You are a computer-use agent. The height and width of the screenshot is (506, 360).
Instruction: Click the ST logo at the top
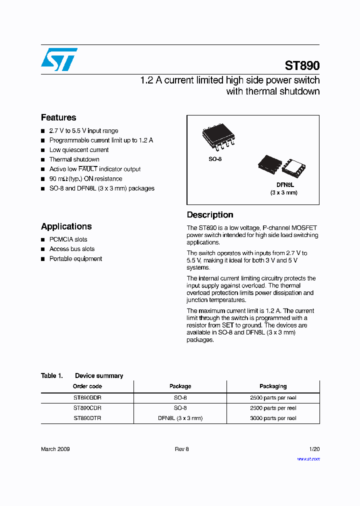point(59,59)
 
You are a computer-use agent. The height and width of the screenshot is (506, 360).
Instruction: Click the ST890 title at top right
point(302,65)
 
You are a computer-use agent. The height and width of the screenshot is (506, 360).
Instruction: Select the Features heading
point(58,117)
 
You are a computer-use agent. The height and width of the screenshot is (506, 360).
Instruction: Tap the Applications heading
point(66,226)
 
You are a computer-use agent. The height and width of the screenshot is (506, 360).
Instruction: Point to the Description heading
point(210,215)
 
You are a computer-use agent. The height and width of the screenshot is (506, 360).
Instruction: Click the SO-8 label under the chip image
point(215,159)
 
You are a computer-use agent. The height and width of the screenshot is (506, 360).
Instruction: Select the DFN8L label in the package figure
point(285,185)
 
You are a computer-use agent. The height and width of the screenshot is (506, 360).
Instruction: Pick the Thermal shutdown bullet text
point(74,159)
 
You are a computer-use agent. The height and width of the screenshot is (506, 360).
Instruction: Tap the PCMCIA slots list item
point(68,239)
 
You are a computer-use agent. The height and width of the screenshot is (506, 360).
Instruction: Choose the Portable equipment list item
point(75,258)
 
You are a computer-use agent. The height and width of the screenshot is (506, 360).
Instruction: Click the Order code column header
point(87,386)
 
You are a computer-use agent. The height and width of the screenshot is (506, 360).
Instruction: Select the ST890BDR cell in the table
point(87,398)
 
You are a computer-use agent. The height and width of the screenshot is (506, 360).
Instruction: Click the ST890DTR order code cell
point(87,418)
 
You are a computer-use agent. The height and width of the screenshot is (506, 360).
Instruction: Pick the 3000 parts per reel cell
point(273,418)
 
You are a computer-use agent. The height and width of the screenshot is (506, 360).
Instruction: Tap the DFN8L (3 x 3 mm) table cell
point(180,418)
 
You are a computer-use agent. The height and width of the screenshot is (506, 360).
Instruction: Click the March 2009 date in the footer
point(55,449)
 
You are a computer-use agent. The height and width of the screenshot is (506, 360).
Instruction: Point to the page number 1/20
point(314,449)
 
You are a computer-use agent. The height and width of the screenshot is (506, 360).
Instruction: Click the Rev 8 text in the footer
point(181,449)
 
